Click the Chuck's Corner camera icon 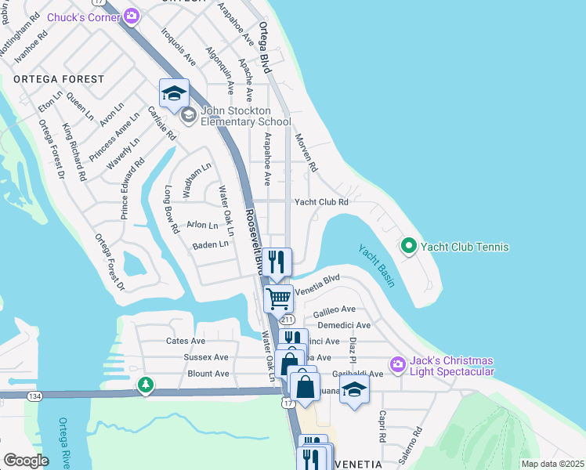click(132, 16)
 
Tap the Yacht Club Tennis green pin click(408, 247)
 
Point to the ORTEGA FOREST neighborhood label click(59, 79)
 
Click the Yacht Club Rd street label click(320, 201)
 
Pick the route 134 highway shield click(34, 397)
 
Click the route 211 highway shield click(288, 320)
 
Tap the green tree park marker click(145, 385)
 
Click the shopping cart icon click(279, 298)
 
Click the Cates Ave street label click(186, 341)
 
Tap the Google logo click(26, 461)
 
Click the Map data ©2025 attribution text click(552, 464)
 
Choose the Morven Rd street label click(306, 153)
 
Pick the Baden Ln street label click(211, 244)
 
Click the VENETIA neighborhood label click(356, 464)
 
